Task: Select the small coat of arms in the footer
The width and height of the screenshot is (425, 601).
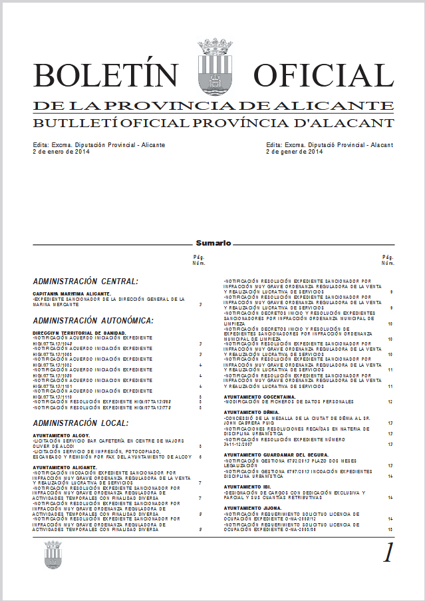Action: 53,554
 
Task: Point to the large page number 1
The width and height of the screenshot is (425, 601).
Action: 388,552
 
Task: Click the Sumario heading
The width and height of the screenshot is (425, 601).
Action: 213,244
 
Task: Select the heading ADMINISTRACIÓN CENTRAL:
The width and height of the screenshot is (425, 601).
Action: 85,282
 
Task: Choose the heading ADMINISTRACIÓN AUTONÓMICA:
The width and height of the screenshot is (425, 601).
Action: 92,321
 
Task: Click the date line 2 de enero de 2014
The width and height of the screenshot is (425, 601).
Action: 61,152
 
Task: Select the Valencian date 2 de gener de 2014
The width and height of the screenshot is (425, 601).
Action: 294,152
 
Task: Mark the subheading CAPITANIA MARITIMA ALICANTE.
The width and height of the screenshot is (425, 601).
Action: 71,294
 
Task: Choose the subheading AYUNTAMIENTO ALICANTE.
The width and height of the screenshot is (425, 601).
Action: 65,468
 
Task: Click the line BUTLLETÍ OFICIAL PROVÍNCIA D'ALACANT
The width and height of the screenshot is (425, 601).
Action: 213,122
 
